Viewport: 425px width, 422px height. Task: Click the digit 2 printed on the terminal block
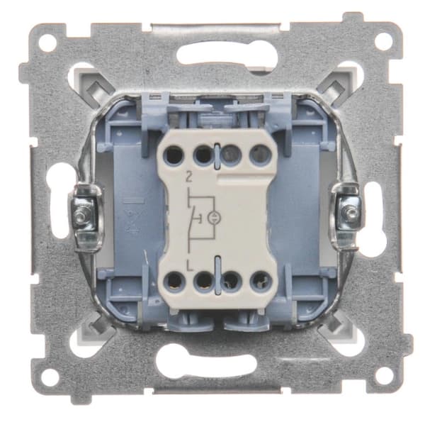pos(189,177)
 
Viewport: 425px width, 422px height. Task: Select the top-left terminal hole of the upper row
pos(175,155)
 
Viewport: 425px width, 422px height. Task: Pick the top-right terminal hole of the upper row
pos(260,155)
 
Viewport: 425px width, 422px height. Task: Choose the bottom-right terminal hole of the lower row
pos(260,281)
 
